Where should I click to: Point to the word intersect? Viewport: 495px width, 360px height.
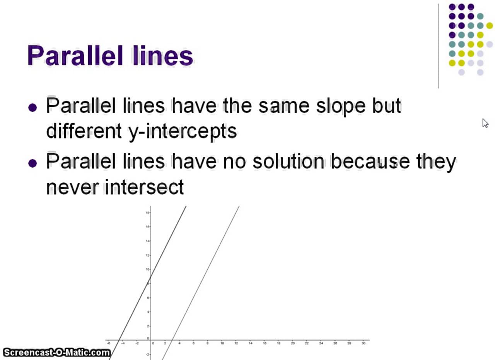coord(144,187)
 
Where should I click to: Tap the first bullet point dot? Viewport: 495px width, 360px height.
coord(33,107)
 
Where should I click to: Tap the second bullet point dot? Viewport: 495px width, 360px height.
coord(33,163)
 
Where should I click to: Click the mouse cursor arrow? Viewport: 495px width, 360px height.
coord(485,123)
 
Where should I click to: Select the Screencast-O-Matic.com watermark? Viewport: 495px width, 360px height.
coord(56,353)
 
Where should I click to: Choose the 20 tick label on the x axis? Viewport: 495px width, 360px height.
coord(292,343)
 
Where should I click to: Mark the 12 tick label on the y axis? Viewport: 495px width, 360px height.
coord(147,255)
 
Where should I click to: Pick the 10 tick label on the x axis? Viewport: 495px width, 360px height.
coord(222,343)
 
